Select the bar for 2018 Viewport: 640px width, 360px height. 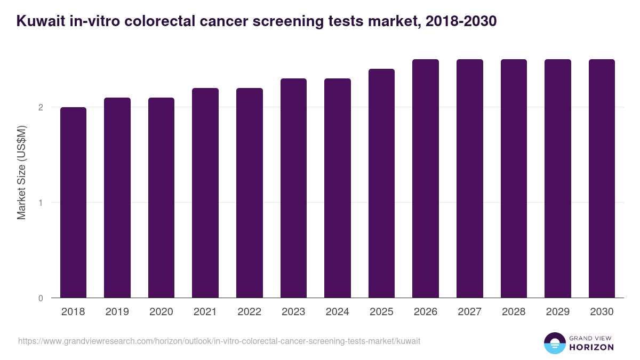click(x=73, y=203)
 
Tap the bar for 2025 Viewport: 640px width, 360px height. click(x=381, y=183)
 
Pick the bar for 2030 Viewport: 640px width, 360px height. click(x=602, y=179)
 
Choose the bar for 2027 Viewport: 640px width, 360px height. click(x=469, y=179)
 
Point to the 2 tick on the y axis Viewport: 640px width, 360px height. click(x=40, y=107)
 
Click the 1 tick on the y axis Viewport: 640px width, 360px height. click(x=40, y=203)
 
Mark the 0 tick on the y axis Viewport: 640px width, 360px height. click(x=40, y=298)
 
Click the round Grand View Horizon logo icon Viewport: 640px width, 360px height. click(x=554, y=343)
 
